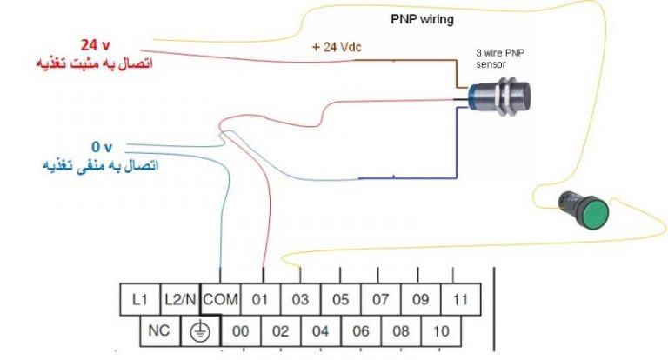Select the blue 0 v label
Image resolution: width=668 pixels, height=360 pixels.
[103, 147]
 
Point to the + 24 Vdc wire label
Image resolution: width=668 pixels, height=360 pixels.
[339, 48]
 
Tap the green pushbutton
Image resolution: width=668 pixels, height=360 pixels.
[580, 210]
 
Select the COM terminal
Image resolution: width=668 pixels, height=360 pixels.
[220, 300]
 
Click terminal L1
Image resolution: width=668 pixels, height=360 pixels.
[140, 300]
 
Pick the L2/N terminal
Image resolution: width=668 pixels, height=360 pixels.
[180, 300]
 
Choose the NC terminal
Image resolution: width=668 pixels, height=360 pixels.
[160, 331]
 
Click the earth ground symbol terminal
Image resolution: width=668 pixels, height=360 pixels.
[200, 331]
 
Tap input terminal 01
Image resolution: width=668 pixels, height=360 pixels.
[260, 300]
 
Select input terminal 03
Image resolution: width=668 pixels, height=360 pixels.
[300, 300]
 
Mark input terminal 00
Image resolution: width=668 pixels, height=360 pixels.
[240, 331]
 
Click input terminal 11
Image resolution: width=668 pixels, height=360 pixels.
[461, 300]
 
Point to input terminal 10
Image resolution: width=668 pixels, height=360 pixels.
[441, 331]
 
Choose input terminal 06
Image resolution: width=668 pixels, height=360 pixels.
[361, 331]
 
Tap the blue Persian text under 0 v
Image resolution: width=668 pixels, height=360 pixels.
[99, 164]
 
